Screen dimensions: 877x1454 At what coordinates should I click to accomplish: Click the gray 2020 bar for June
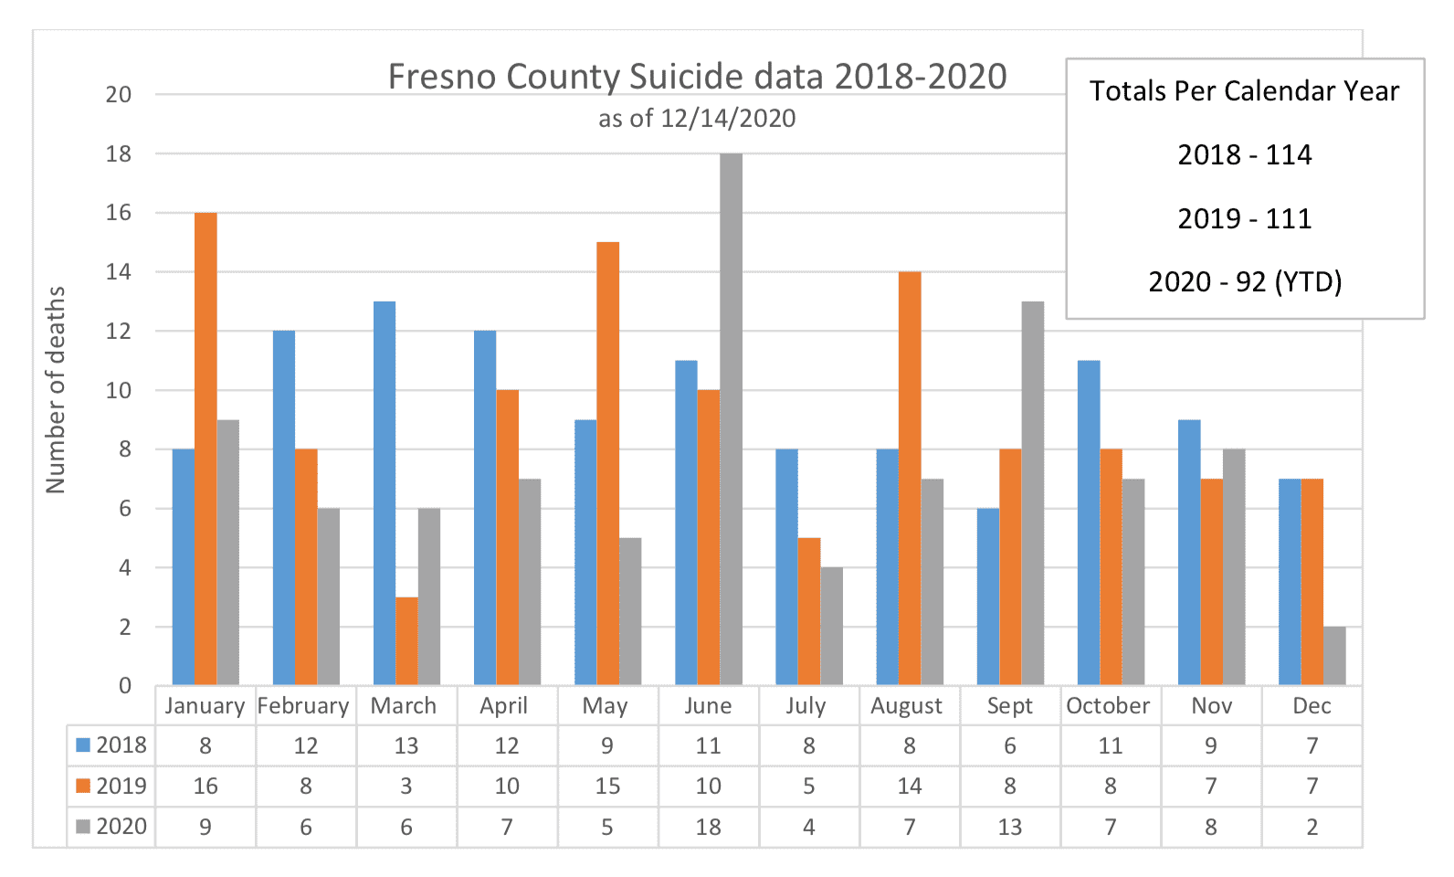(731, 419)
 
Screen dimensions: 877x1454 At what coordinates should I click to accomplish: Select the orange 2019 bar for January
(205, 449)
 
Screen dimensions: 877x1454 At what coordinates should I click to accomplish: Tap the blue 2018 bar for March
(385, 493)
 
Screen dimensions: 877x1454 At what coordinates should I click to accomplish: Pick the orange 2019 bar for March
(406, 640)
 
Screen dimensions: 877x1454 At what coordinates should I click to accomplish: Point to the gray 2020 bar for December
(1334, 656)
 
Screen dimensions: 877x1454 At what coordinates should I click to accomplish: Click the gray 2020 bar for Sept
(1033, 493)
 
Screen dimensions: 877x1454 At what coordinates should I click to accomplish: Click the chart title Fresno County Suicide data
(697, 77)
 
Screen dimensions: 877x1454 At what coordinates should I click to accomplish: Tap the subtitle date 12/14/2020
(728, 119)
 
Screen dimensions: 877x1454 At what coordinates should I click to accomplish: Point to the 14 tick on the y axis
(119, 272)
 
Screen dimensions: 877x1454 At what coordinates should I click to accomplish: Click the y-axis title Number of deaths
(57, 390)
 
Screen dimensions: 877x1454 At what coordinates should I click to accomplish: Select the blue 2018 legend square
(83, 745)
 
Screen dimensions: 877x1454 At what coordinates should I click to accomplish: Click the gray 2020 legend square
(83, 827)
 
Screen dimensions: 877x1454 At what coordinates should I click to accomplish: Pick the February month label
(303, 706)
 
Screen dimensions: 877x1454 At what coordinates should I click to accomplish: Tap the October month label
(1108, 706)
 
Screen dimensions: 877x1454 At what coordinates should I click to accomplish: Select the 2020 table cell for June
(708, 827)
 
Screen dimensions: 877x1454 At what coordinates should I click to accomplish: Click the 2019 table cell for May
(607, 787)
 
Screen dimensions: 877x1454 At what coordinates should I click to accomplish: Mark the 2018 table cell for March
(406, 746)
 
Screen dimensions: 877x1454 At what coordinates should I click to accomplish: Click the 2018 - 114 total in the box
(1244, 154)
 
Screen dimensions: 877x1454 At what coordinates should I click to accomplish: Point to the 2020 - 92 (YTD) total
(1244, 281)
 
